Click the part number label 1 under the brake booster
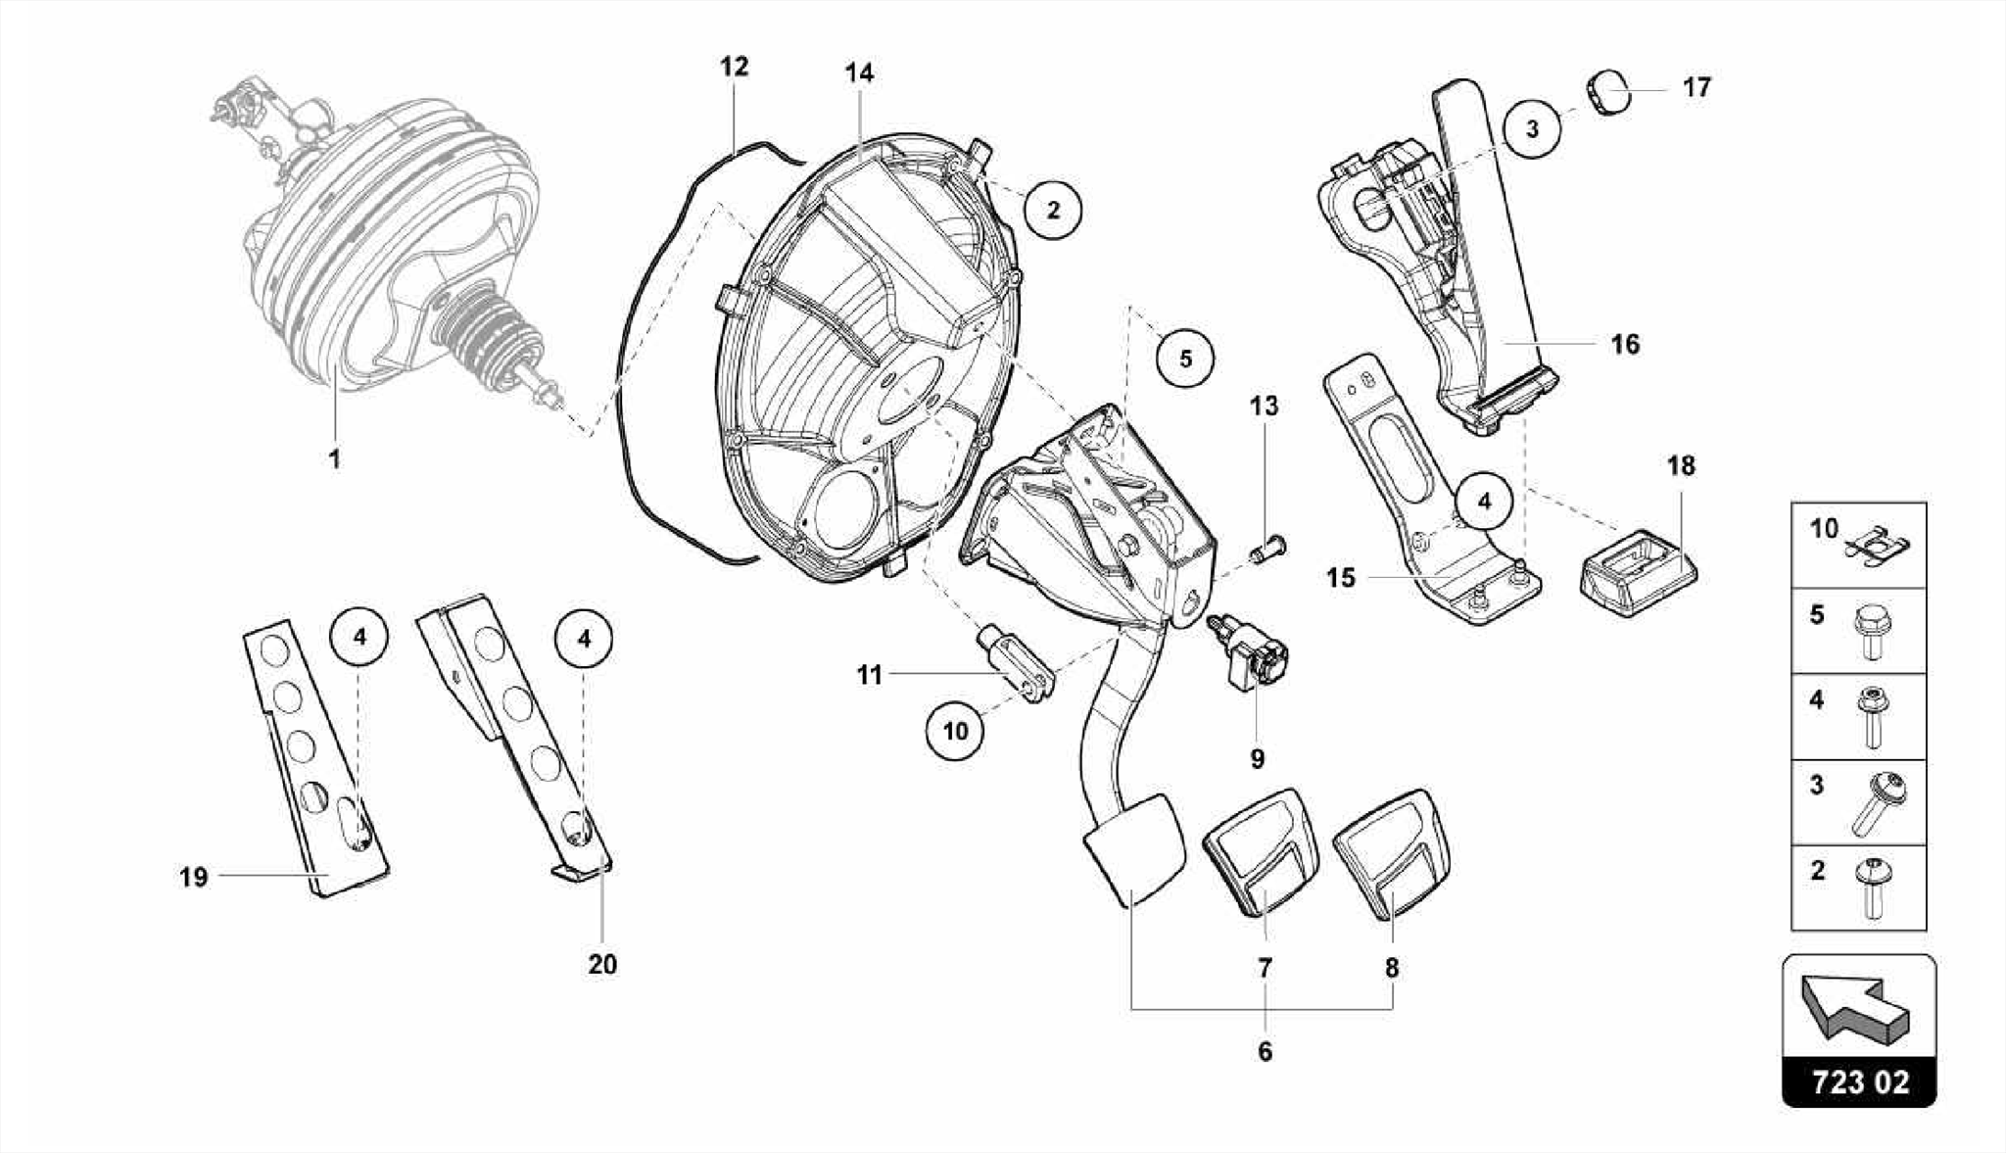(x=334, y=458)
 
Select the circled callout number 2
(x=1053, y=210)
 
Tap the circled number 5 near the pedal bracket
(x=1185, y=359)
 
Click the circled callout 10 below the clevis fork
(x=955, y=731)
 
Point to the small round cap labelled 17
(x=1608, y=93)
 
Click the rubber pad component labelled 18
(x=1639, y=571)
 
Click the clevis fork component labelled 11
(x=1019, y=666)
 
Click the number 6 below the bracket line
(x=1265, y=1051)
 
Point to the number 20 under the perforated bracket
(x=602, y=964)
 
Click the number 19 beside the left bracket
(x=194, y=877)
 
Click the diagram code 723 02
(x=1859, y=1081)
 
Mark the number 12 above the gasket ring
(x=734, y=67)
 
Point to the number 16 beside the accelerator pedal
(x=1624, y=345)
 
